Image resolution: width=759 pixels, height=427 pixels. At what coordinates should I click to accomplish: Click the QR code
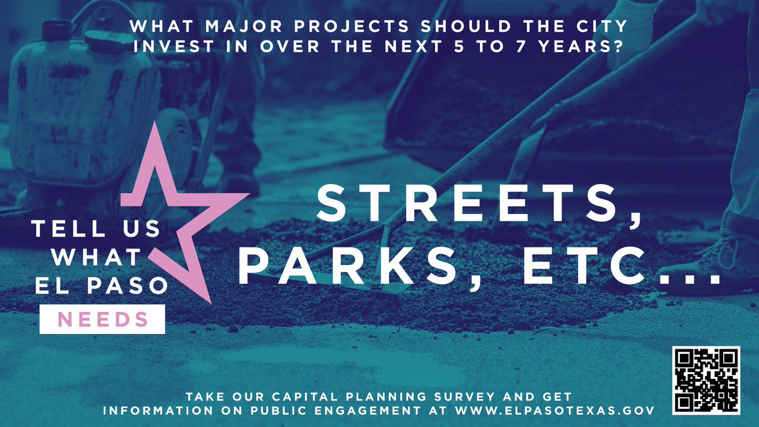tap(705, 379)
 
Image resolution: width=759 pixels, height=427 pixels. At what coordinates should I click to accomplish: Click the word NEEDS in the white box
tap(102, 319)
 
